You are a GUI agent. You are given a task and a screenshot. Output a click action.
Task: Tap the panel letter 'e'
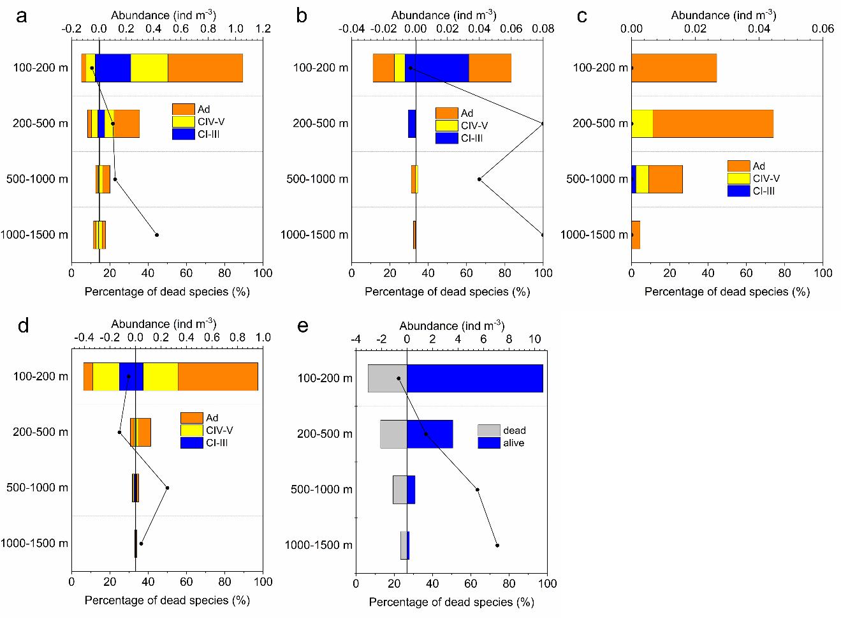coord(303,326)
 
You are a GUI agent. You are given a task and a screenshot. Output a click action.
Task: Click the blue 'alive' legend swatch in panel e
coord(488,443)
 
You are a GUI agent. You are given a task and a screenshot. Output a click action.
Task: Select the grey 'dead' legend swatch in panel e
coord(488,431)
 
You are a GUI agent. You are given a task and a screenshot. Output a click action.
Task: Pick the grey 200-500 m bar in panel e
coord(393,434)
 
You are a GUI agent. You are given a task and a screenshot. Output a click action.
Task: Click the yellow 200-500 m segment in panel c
coord(642,123)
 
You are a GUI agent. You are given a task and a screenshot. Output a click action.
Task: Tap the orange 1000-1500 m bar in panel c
coord(636,235)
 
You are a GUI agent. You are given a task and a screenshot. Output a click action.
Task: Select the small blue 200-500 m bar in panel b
coord(412,123)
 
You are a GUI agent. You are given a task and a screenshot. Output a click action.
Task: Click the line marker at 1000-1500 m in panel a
coord(157,235)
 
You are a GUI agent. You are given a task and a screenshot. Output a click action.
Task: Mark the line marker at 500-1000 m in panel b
coord(479,179)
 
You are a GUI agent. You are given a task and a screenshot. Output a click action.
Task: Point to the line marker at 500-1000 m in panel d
coord(167,488)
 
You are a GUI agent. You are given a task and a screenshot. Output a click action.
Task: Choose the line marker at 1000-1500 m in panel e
coord(497,545)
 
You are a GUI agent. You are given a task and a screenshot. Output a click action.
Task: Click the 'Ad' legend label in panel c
coord(759,167)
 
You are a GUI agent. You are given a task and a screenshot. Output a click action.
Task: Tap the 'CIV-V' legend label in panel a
coord(211,122)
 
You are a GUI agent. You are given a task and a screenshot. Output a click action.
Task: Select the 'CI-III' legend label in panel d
coord(217,443)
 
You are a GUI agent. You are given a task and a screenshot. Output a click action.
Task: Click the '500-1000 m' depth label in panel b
coord(318,179)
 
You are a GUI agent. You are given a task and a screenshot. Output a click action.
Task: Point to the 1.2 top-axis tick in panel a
coord(263,29)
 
